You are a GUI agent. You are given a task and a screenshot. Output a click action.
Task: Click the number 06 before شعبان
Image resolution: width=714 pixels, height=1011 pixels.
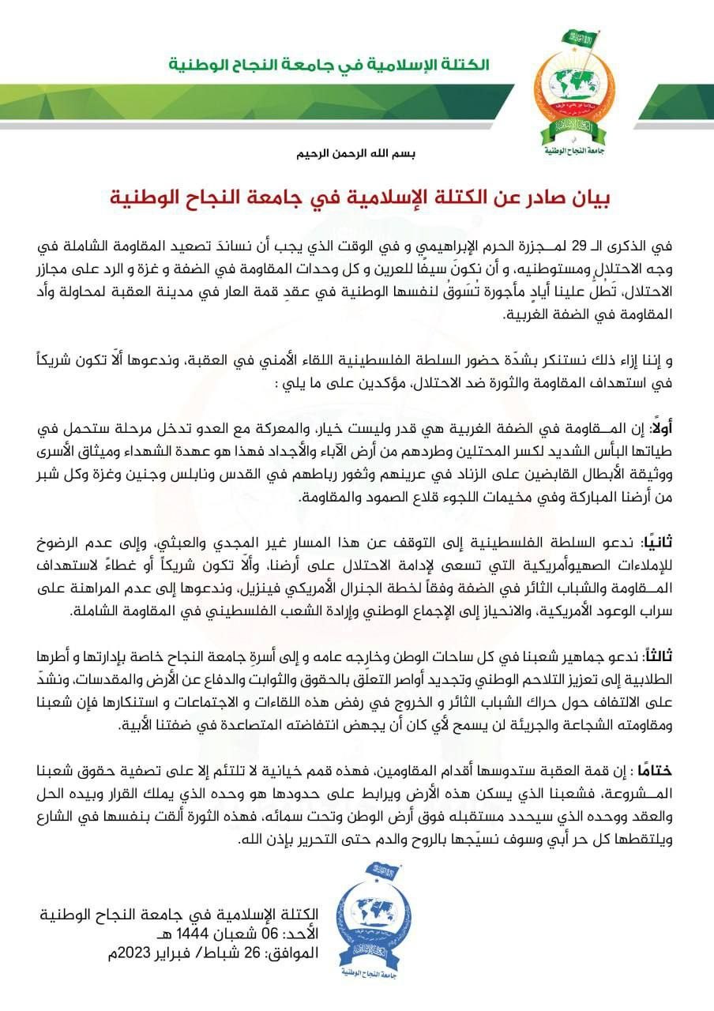point(272,934)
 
